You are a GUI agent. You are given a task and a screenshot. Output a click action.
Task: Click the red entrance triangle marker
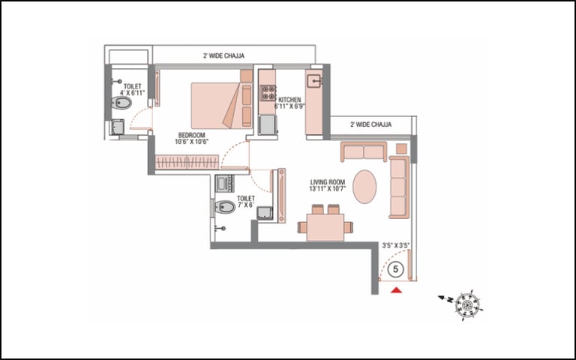396,290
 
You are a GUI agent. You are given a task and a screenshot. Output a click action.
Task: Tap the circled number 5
396,269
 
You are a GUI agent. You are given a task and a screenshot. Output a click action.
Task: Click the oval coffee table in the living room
364,187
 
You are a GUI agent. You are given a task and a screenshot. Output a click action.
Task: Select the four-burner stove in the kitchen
268,93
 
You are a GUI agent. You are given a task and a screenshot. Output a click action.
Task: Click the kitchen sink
314,81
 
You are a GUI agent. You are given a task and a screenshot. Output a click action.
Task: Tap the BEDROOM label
191,135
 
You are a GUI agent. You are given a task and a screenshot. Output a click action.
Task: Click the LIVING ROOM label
327,181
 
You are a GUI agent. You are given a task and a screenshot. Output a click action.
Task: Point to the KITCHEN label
289,100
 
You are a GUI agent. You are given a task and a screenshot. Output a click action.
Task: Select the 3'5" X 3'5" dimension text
396,245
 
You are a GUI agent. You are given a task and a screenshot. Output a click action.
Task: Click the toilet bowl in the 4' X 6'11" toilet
121,103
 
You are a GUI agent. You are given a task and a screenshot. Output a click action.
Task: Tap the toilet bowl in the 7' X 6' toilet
224,207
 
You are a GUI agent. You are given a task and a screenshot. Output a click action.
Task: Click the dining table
325,227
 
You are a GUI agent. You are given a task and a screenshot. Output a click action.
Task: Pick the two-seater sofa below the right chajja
364,151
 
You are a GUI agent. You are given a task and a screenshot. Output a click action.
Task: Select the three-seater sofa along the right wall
399,187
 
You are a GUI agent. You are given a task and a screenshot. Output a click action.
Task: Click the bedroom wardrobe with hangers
187,162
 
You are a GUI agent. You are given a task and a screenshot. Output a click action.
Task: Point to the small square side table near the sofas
401,148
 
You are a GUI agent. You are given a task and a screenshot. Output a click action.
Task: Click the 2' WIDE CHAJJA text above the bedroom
223,55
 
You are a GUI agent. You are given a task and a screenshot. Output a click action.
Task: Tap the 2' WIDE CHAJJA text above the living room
370,124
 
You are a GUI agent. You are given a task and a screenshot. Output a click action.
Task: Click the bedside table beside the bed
246,76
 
